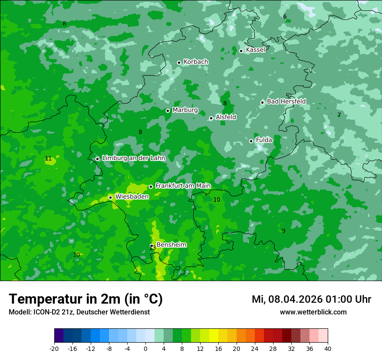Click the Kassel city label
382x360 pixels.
coord(255,50)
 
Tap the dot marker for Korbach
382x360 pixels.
coord(179,62)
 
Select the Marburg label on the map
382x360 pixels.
coord(185,110)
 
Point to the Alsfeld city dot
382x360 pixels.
coord(211,118)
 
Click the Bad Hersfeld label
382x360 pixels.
coord(286,101)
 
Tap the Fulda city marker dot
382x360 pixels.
coord(251,141)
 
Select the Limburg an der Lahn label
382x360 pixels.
coord(133,158)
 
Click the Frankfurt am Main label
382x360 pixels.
coord(183,186)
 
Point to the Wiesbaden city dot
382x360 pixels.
coord(110,197)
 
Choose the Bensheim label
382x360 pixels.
coord(171,245)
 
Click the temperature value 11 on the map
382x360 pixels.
coord(48,159)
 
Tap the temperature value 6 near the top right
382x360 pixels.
coord(285,17)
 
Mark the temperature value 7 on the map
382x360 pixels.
coord(339,115)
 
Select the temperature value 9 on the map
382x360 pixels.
coord(283,231)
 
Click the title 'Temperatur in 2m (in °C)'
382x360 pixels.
coord(86,299)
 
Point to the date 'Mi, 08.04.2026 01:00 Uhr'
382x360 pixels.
coord(311,299)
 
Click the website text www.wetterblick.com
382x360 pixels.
coord(313,312)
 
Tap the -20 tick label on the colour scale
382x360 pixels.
coord(54,349)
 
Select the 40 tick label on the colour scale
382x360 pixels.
coord(327,349)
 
